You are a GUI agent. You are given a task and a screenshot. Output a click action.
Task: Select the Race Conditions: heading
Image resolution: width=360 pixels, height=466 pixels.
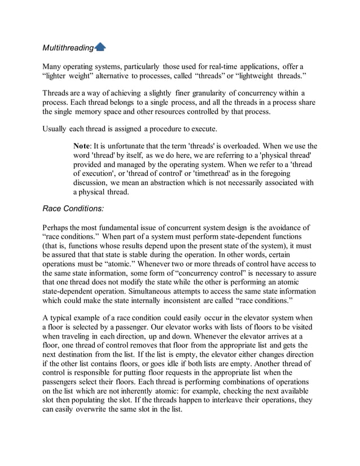point(73,208)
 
